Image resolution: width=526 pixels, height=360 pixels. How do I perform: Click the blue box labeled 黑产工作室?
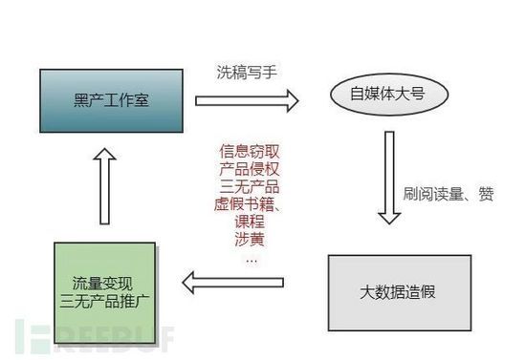pos(112,100)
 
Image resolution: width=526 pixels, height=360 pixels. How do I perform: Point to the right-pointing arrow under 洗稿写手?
pos(247,98)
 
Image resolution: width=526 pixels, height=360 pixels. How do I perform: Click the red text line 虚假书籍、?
pos(248,203)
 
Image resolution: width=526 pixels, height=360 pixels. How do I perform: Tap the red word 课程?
pos(248,220)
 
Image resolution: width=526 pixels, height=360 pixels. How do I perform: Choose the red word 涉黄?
pos(248,236)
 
